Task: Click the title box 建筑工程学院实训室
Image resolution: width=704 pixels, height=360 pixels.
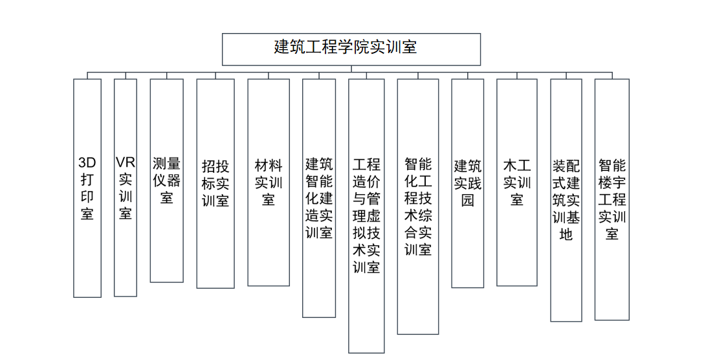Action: coord(351,49)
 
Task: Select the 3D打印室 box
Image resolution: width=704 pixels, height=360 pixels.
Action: coord(87,188)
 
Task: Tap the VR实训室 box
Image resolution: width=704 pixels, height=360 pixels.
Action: coord(126,187)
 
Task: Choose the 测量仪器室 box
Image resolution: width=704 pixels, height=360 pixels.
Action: coord(166,181)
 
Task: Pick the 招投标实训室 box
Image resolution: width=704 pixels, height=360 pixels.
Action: coord(215,183)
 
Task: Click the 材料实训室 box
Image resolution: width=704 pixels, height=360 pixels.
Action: coord(269,182)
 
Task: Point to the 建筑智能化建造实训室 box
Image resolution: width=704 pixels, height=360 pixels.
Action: coord(319,198)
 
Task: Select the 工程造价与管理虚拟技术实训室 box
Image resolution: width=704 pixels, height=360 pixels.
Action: coord(366,216)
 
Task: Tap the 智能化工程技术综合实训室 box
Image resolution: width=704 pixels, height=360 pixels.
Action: coord(418,207)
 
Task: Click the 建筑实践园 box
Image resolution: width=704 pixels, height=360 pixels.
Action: coord(467,183)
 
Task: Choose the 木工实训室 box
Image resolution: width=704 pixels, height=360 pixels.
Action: coord(517,182)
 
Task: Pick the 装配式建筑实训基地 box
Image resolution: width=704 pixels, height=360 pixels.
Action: coord(566,200)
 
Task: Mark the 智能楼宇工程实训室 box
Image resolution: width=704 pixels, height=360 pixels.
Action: coord(612,199)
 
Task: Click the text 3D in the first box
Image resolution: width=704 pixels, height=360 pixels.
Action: coord(87,163)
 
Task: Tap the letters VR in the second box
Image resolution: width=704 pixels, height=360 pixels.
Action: coord(126,162)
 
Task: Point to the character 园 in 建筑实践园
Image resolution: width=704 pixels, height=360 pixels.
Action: coord(468,199)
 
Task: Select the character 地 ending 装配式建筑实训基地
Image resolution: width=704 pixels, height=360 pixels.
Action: coord(566,234)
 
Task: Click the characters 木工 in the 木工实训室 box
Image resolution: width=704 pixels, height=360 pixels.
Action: coord(517,165)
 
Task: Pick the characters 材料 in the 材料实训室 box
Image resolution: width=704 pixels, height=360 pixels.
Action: coord(269,165)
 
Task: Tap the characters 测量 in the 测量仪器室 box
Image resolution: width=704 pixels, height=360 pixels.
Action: coord(166,164)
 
